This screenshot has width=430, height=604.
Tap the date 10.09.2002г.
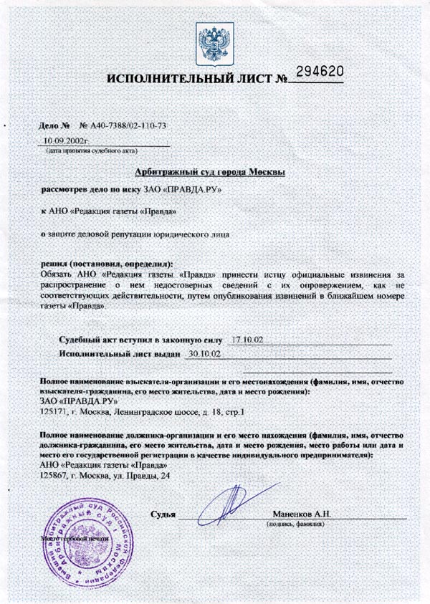pyautogui.click(x=65, y=141)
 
